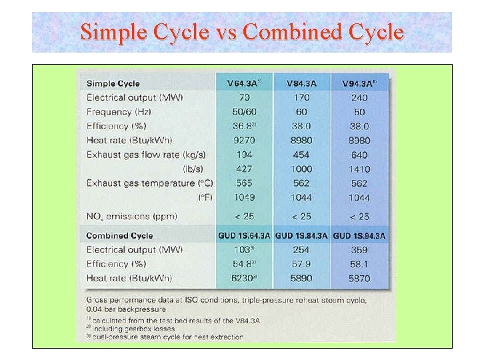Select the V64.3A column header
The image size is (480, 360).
pyautogui.click(x=244, y=83)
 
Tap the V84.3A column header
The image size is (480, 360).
pyautogui.click(x=301, y=83)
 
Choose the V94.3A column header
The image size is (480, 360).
pyautogui.click(x=359, y=83)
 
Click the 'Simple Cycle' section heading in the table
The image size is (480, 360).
pyautogui.click(x=113, y=83)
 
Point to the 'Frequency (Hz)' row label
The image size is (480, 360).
pyautogui.click(x=117, y=112)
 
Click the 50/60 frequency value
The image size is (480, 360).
pyautogui.click(x=244, y=112)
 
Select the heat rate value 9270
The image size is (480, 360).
pyautogui.click(x=244, y=140)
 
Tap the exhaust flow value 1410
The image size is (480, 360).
pyautogui.click(x=359, y=169)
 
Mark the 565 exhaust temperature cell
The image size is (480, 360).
pyautogui.click(x=244, y=183)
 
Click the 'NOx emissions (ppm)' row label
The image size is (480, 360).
pyautogui.click(x=131, y=216)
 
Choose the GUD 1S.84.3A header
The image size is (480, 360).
pyautogui.click(x=301, y=235)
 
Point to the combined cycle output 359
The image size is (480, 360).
pyautogui.click(x=359, y=250)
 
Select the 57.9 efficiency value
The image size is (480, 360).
pyautogui.click(x=301, y=264)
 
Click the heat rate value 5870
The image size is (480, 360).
pyautogui.click(x=359, y=278)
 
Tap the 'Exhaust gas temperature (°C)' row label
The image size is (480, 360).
pyautogui.click(x=150, y=183)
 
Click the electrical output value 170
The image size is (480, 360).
pyautogui.click(x=301, y=98)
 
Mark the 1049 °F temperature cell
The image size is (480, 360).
pyautogui.click(x=244, y=197)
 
